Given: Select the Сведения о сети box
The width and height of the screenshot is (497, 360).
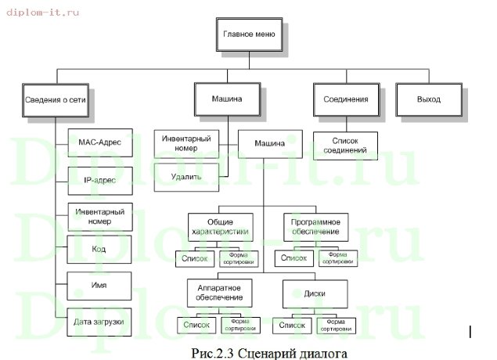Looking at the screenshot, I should [x=55, y=101].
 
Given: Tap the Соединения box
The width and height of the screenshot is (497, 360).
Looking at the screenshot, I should [x=345, y=100].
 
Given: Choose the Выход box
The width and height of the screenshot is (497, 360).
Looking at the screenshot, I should [x=429, y=100].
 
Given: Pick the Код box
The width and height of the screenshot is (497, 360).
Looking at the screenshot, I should [x=99, y=249].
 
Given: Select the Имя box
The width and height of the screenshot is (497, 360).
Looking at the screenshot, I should [x=99, y=285].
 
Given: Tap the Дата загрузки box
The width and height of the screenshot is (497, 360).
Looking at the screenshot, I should [x=99, y=321].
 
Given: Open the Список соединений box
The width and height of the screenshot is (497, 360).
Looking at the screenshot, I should [x=345, y=145].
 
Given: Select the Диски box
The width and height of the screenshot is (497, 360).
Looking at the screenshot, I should [x=315, y=293].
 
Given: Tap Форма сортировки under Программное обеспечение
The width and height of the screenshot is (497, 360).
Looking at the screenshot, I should [x=337, y=257].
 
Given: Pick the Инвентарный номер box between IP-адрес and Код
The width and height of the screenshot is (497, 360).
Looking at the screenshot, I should [x=99, y=215].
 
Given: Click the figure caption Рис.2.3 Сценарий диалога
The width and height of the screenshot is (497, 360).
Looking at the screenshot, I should [x=268, y=352].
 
